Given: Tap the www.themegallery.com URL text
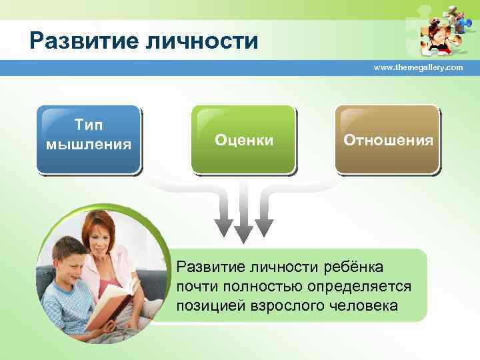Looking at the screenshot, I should [418, 68].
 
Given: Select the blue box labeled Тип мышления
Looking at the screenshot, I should [89, 139].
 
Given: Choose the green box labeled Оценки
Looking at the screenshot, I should [243, 139].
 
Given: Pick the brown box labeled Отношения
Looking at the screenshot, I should [387, 139].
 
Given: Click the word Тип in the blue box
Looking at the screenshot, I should [89, 127].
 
